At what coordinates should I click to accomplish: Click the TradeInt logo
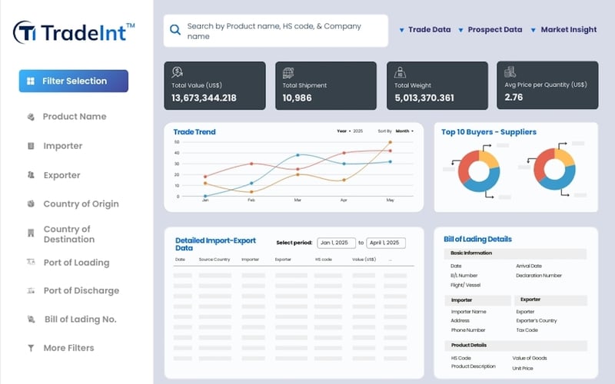tap(74, 31)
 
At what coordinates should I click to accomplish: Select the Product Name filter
tap(74, 117)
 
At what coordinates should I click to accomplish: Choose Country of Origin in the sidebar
tap(81, 204)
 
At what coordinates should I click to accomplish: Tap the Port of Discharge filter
tap(81, 291)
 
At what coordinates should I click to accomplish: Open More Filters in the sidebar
tap(68, 348)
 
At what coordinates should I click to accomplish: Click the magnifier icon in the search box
tap(175, 30)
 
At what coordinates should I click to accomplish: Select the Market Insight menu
tap(568, 30)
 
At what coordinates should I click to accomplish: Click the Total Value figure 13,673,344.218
tap(204, 98)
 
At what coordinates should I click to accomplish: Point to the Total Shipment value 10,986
tap(297, 98)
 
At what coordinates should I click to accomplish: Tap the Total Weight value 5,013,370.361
tap(424, 98)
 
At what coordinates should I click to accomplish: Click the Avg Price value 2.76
tap(514, 98)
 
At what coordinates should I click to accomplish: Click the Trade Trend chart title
tap(194, 132)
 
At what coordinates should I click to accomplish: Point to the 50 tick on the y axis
tap(177, 142)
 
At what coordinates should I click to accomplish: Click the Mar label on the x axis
tap(298, 200)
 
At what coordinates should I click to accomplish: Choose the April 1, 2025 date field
tap(386, 243)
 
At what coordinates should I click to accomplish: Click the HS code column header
tap(323, 260)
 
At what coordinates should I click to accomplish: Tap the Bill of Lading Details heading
tap(477, 239)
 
